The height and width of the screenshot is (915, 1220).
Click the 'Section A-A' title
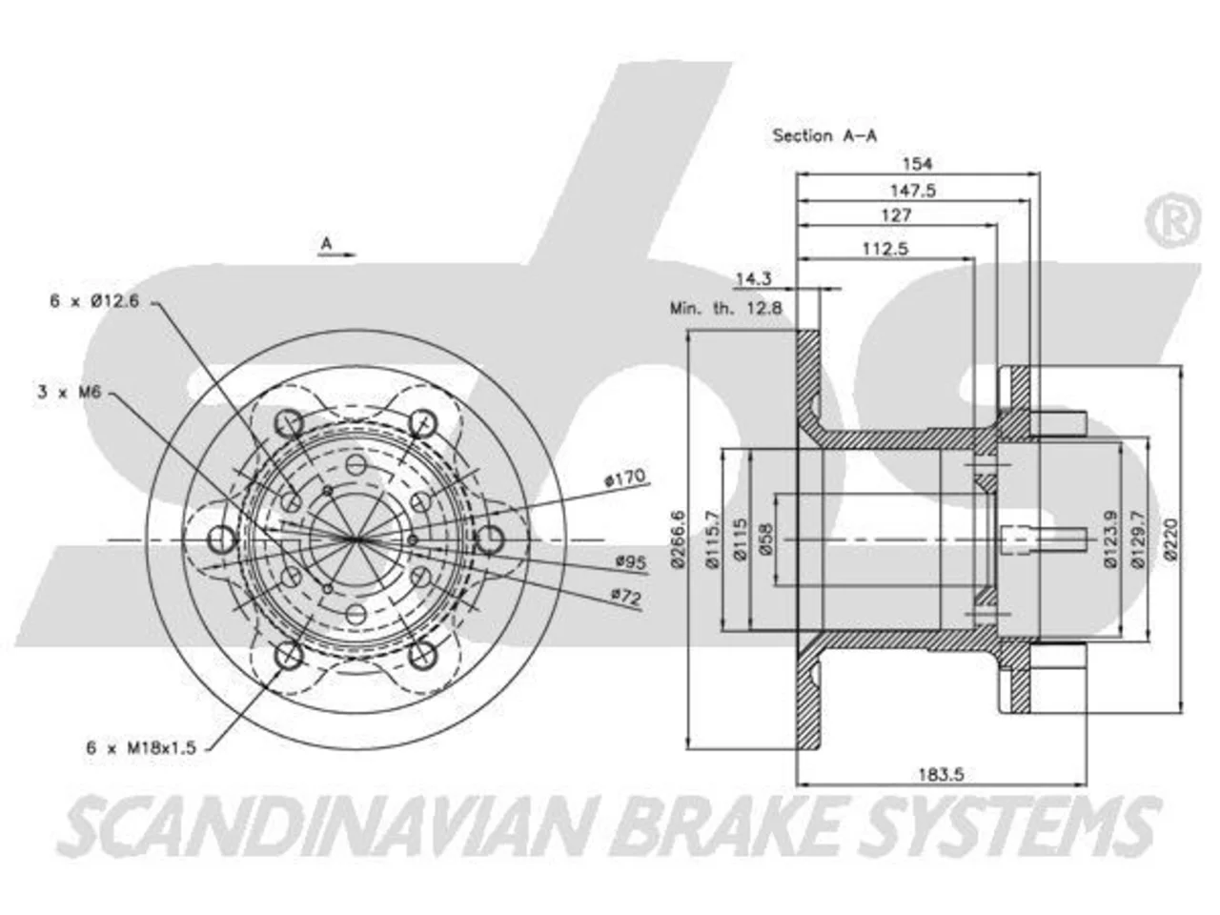coord(824,135)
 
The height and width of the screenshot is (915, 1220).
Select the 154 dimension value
coord(917,164)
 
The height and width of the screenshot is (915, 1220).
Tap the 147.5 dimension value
coord(913,191)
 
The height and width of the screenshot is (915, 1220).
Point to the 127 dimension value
coord(897,215)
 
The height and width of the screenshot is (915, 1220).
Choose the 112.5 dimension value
coord(885,249)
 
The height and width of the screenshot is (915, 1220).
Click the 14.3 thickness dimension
coord(754,278)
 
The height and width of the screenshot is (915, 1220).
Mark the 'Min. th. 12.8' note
coord(726,308)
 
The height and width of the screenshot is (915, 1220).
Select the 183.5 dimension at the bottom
coord(941,775)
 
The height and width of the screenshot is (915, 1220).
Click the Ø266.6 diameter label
coord(679,539)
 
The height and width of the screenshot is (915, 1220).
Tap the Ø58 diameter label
coord(766,539)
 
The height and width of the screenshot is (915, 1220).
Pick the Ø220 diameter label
coord(1170,539)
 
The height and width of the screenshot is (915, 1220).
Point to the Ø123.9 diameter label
coord(1110,539)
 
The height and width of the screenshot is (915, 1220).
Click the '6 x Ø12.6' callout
coord(94,301)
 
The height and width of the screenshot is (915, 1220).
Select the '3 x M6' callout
coord(70,393)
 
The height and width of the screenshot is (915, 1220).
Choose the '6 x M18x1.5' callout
coord(141,747)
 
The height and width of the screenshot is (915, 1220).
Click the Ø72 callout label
coord(626,598)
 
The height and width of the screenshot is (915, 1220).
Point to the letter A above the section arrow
coord(326,243)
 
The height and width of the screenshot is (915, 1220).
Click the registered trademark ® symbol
coord(1173,220)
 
